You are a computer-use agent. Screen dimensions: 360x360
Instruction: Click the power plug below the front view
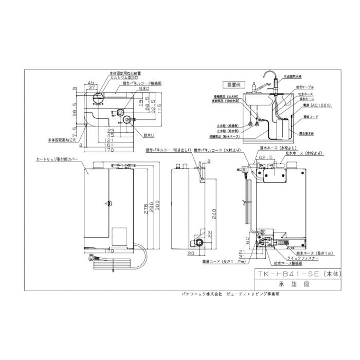[93, 258]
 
